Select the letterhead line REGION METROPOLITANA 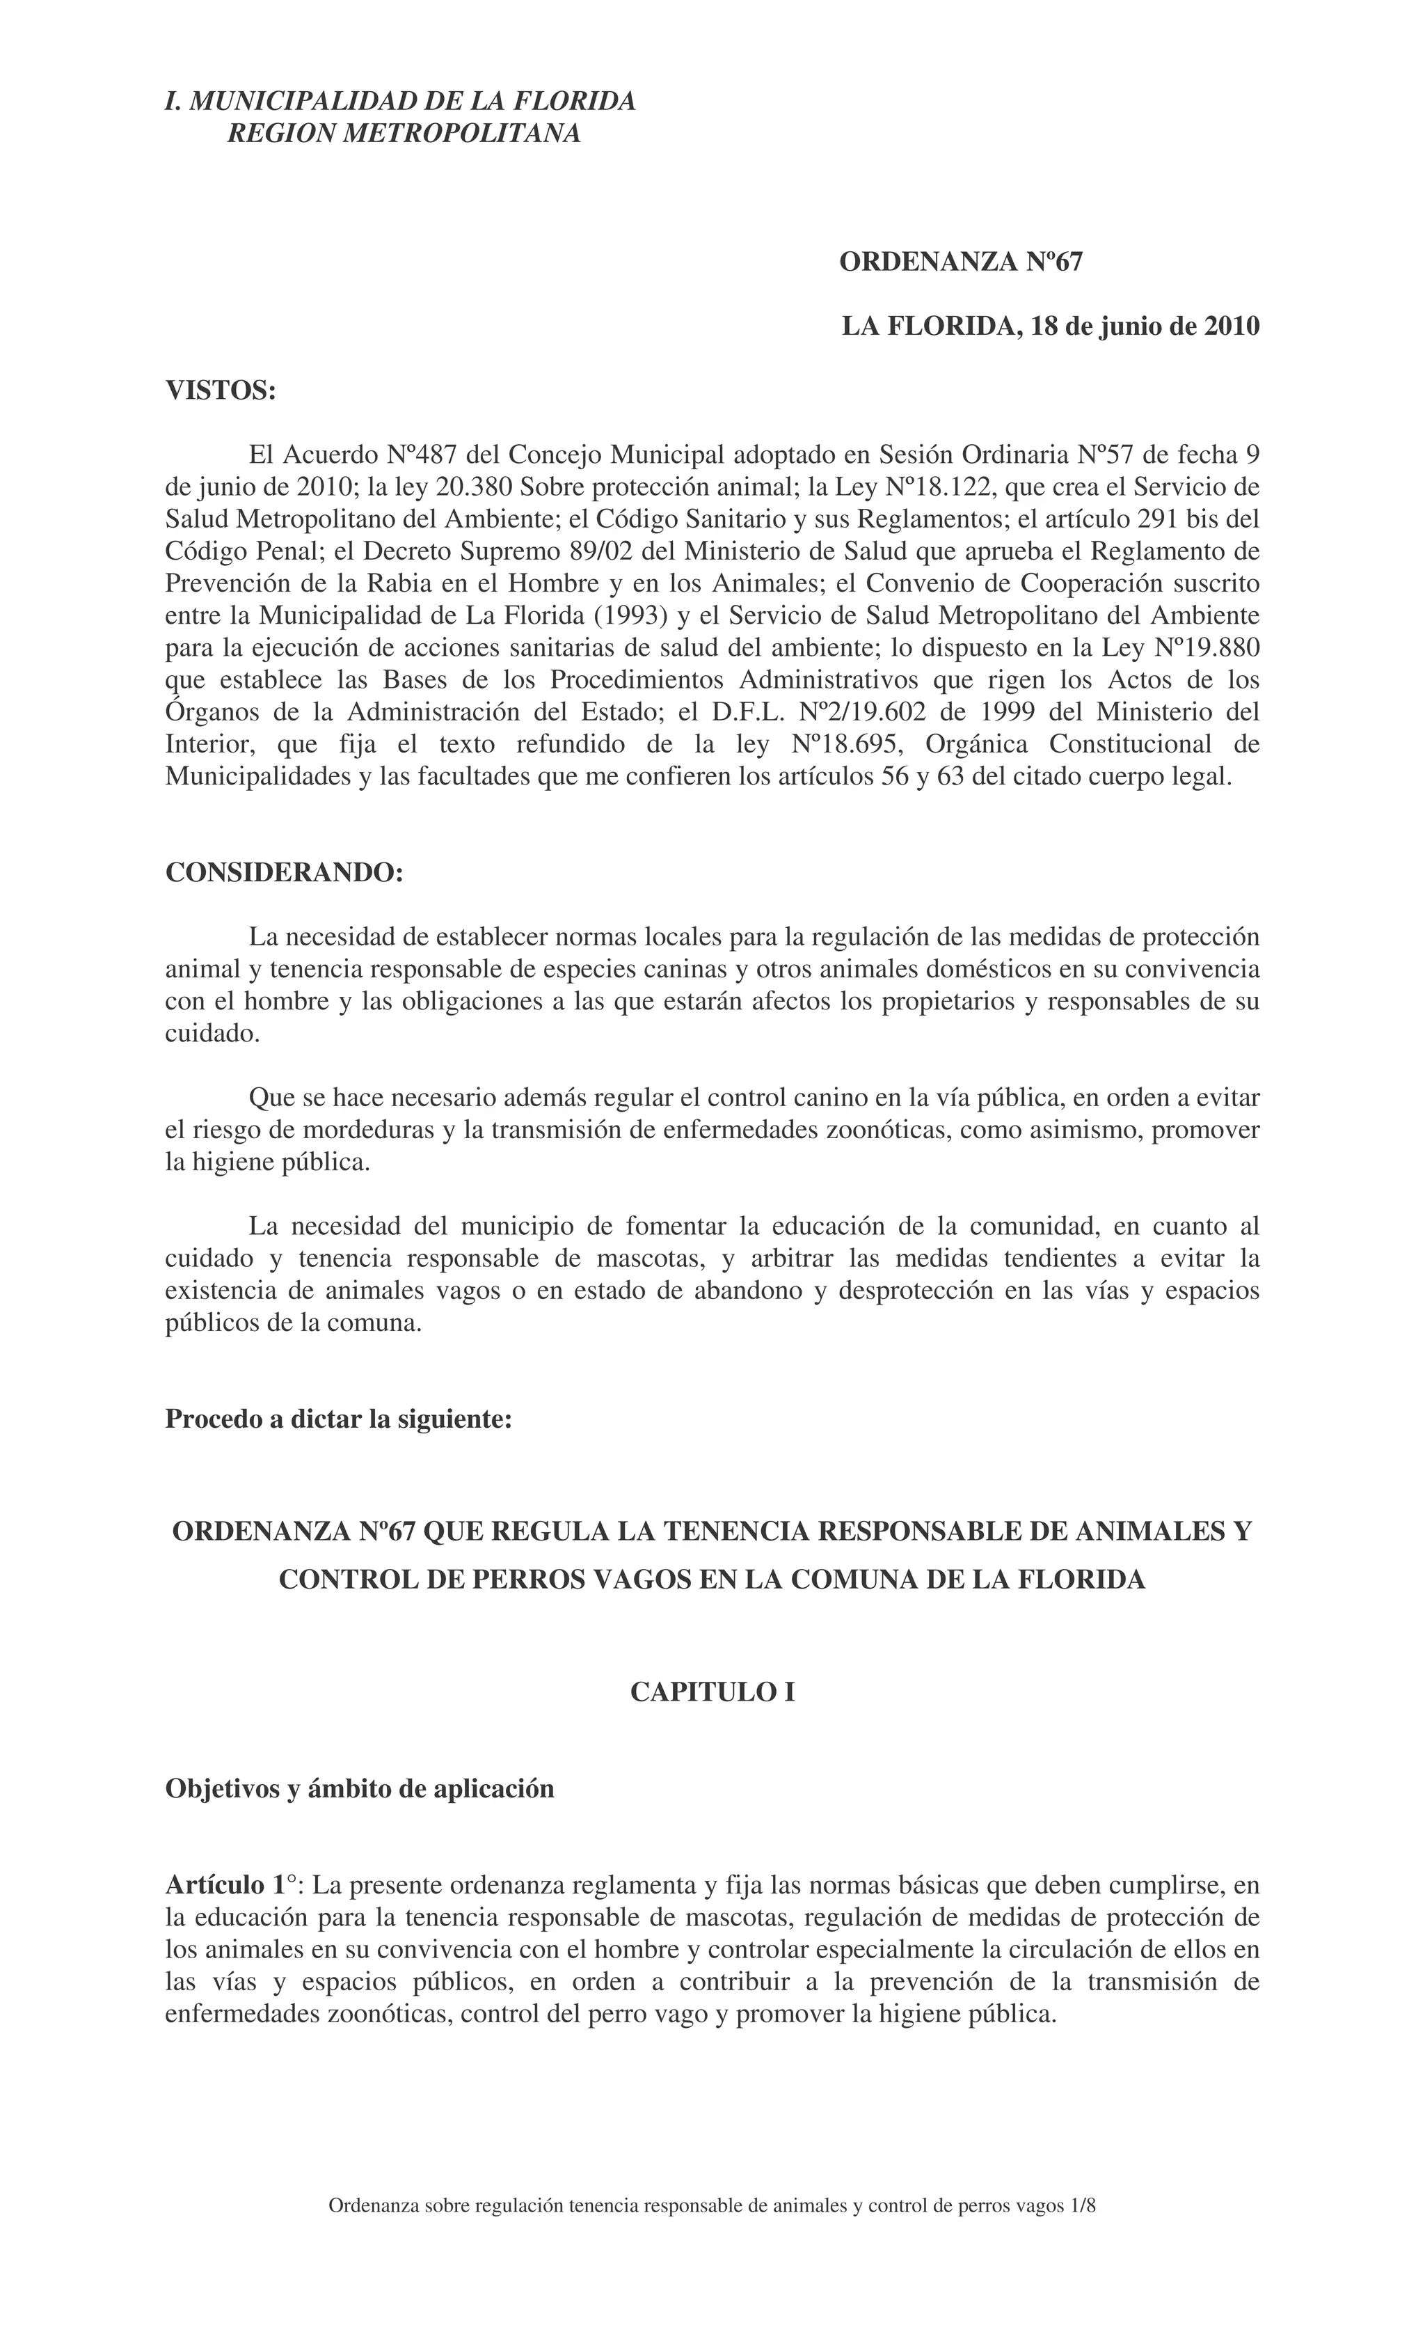click(x=404, y=134)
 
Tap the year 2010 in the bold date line click(x=1232, y=326)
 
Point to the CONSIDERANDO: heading click(x=285, y=872)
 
